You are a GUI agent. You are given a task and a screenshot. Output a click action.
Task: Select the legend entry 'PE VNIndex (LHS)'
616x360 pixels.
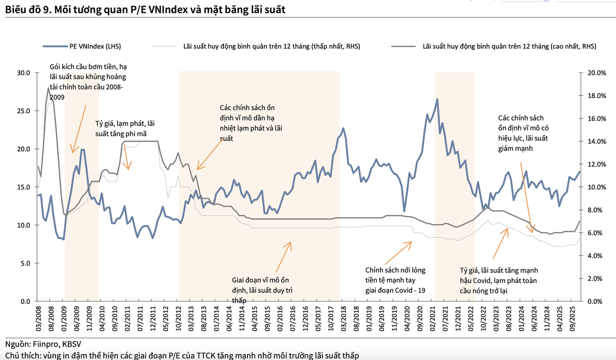[95, 46]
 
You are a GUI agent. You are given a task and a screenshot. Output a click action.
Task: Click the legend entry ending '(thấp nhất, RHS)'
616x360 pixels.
[272, 46]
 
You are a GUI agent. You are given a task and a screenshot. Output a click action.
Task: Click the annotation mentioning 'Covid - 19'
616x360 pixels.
[395, 280]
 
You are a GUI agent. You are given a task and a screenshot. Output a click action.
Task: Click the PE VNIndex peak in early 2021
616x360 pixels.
[437, 99]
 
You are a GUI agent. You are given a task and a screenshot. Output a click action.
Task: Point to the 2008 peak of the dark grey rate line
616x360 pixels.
[49, 88]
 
